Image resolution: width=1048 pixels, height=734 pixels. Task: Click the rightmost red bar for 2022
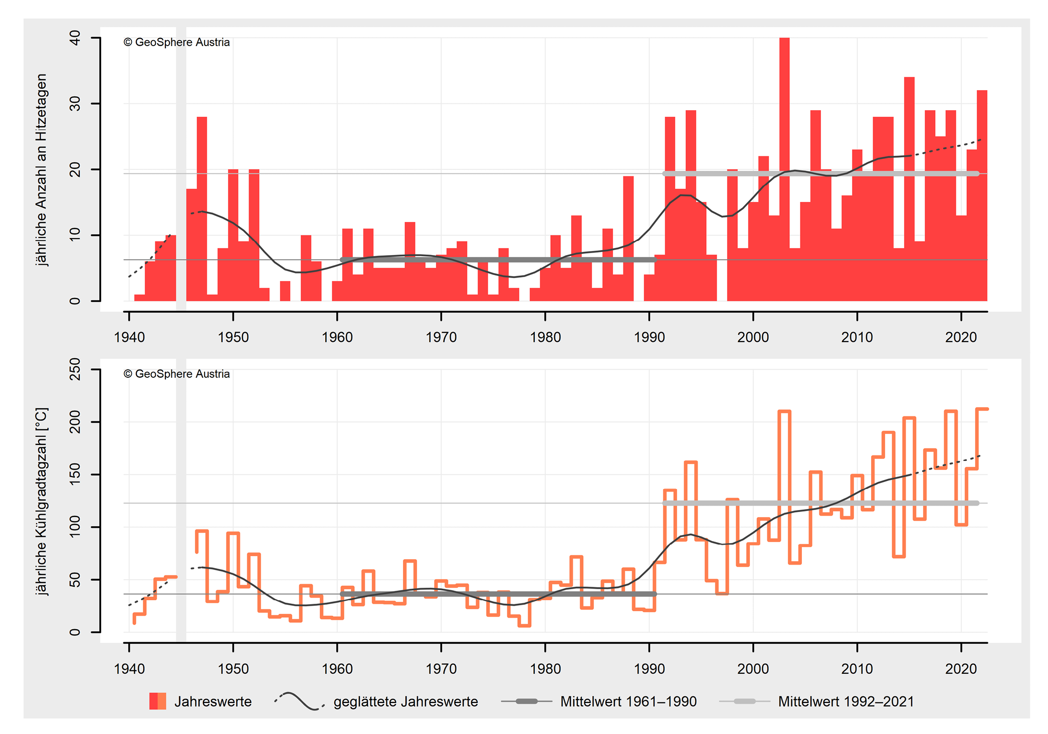click(982, 195)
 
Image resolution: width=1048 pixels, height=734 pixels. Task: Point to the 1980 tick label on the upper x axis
click(545, 337)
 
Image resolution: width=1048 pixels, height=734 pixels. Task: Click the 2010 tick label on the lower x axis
click(857, 669)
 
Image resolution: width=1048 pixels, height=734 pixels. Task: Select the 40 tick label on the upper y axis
click(75, 38)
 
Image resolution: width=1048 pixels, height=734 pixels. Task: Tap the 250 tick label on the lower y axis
click(75, 369)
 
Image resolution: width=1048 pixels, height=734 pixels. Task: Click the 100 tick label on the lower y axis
click(75, 527)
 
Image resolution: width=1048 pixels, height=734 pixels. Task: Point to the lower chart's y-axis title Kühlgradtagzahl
click(42, 501)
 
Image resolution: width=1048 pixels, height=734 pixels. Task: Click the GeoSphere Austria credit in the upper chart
click(177, 43)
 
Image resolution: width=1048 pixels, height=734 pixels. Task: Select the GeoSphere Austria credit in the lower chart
click(177, 374)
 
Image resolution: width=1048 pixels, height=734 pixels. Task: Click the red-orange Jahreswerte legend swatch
click(157, 701)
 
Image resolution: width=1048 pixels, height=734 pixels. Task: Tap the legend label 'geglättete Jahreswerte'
click(405, 701)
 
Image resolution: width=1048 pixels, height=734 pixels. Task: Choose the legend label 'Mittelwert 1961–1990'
click(628, 701)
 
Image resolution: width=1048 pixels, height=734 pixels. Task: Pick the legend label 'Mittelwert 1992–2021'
click(846, 701)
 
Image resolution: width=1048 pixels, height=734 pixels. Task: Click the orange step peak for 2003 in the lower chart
click(784, 411)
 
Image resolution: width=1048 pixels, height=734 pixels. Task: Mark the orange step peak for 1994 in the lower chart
click(691, 462)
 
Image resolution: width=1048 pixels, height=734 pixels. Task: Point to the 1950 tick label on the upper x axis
click(233, 337)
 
